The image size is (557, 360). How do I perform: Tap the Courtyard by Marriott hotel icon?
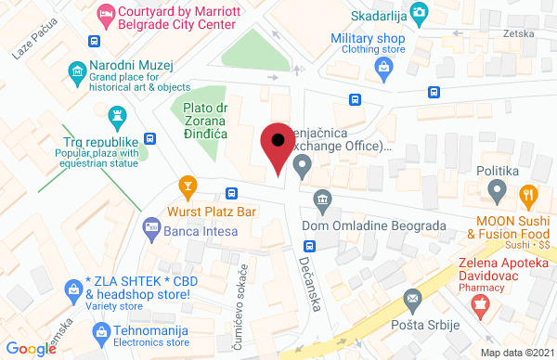click(x=105, y=13)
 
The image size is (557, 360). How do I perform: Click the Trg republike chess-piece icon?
click(x=117, y=115)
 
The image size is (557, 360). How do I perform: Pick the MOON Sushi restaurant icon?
click(x=529, y=195)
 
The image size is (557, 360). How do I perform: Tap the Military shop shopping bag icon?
click(x=384, y=66)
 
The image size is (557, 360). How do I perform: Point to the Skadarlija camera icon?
click(x=421, y=13)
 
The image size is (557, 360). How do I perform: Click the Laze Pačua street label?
click(x=29, y=43)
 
